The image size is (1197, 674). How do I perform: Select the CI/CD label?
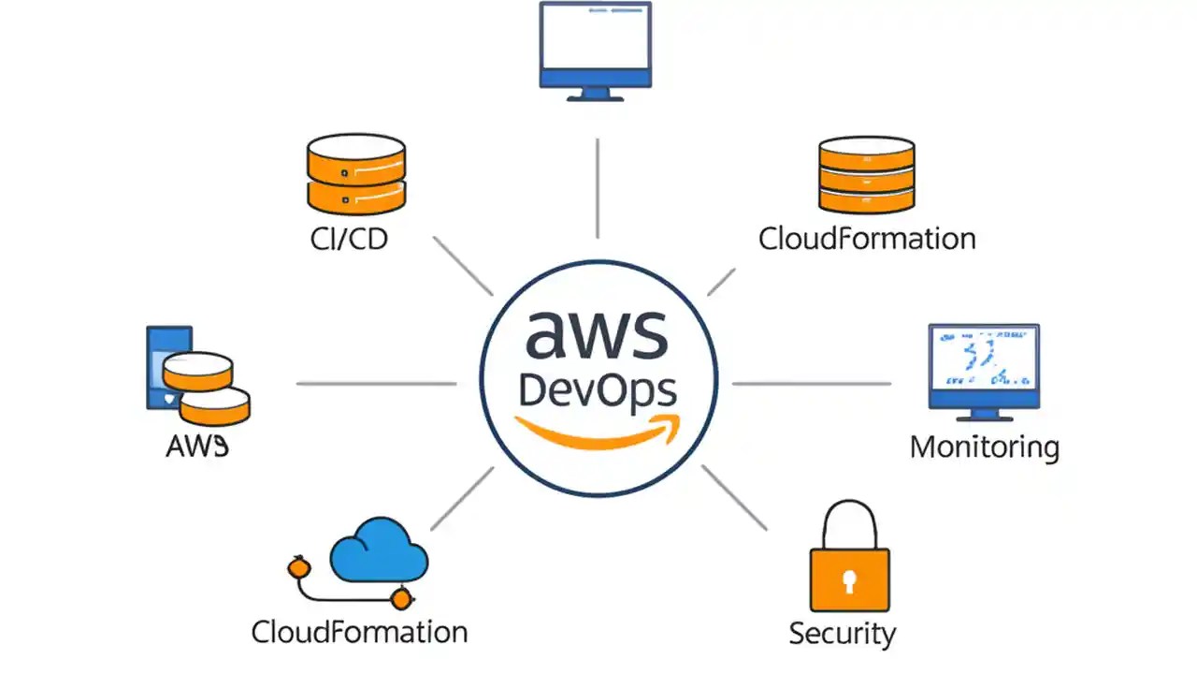(x=349, y=239)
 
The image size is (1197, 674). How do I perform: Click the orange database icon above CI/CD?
(x=356, y=173)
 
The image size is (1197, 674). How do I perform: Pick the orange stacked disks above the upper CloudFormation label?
(x=866, y=174)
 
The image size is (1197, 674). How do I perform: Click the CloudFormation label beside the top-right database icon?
(x=867, y=238)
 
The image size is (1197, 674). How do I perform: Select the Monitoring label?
(x=985, y=447)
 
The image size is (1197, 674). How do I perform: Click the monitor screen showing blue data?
(x=984, y=359)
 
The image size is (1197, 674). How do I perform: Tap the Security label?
(x=842, y=633)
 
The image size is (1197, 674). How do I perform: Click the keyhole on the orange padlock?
(x=849, y=581)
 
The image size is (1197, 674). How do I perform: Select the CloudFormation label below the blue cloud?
(x=359, y=632)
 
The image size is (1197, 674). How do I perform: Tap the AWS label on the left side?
(x=197, y=447)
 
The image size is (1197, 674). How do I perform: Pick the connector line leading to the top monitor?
(x=597, y=187)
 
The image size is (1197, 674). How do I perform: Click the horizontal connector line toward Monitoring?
(x=812, y=383)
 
